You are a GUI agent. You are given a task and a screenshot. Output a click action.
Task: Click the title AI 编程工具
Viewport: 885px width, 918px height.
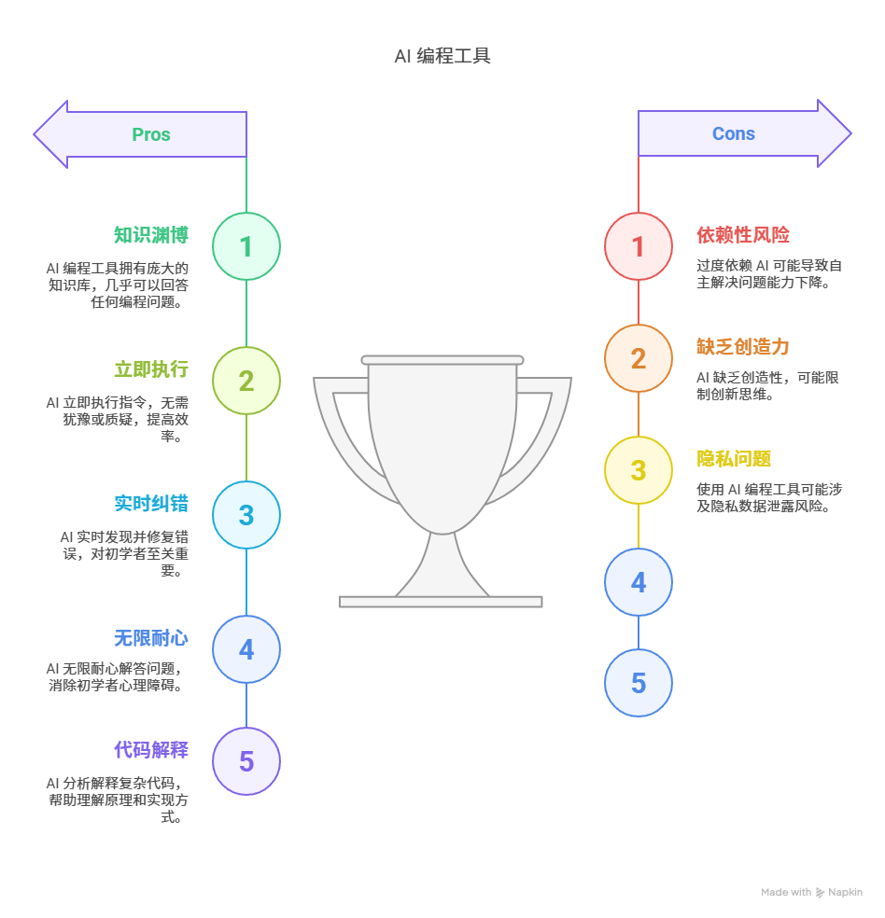pyautogui.click(x=442, y=56)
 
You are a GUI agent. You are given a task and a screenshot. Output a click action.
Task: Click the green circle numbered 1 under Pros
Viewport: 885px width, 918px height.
pyautogui.click(x=246, y=246)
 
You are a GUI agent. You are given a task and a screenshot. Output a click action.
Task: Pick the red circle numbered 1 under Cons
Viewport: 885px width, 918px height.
pyautogui.click(x=639, y=246)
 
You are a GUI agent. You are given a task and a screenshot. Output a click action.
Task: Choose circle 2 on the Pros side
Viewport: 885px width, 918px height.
pyautogui.click(x=246, y=381)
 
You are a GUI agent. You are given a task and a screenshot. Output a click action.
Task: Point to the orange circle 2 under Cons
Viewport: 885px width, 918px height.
pyautogui.click(x=639, y=358)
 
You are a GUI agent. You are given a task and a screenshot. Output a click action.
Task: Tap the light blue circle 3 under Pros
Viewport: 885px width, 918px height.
pyautogui.click(x=246, y=515)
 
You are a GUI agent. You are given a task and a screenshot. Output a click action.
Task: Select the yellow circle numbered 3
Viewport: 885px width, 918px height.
pyautogui.click(x=639, y=470)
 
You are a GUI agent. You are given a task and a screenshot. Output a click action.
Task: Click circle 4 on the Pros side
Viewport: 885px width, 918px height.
pyautogui.click(x=246, y=649)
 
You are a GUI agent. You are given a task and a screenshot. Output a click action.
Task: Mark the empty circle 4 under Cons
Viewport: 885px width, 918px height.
pyautogui.click(x=639, y=582)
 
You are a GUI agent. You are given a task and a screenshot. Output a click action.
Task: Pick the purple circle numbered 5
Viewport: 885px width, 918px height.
pyautogui.click(x=246, y=761)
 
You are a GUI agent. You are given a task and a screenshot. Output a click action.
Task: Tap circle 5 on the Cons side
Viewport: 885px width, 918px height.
pyautogui.click(x=639, y=683)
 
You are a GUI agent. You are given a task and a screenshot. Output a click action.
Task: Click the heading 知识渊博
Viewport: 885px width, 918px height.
pyautogui.click(x=151, y=235)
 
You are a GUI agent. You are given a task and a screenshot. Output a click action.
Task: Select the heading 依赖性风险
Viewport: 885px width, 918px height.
pyautogui.click(x=743, y=235)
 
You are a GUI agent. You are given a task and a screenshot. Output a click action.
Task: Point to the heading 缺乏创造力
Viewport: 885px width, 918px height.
pyautogui.click(x=743, y=347)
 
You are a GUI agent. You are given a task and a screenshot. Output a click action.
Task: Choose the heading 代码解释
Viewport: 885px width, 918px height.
pyautogui.click(x=151, y=750)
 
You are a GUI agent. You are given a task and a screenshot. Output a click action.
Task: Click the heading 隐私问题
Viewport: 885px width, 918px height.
pyautogui.click(x=734, y=459)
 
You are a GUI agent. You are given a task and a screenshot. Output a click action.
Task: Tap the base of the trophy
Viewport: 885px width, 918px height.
pyautogui.click(x=441, y=602)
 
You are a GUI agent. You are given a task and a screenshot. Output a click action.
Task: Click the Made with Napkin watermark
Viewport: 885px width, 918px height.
pyautogui.click(x=811, y=892)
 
